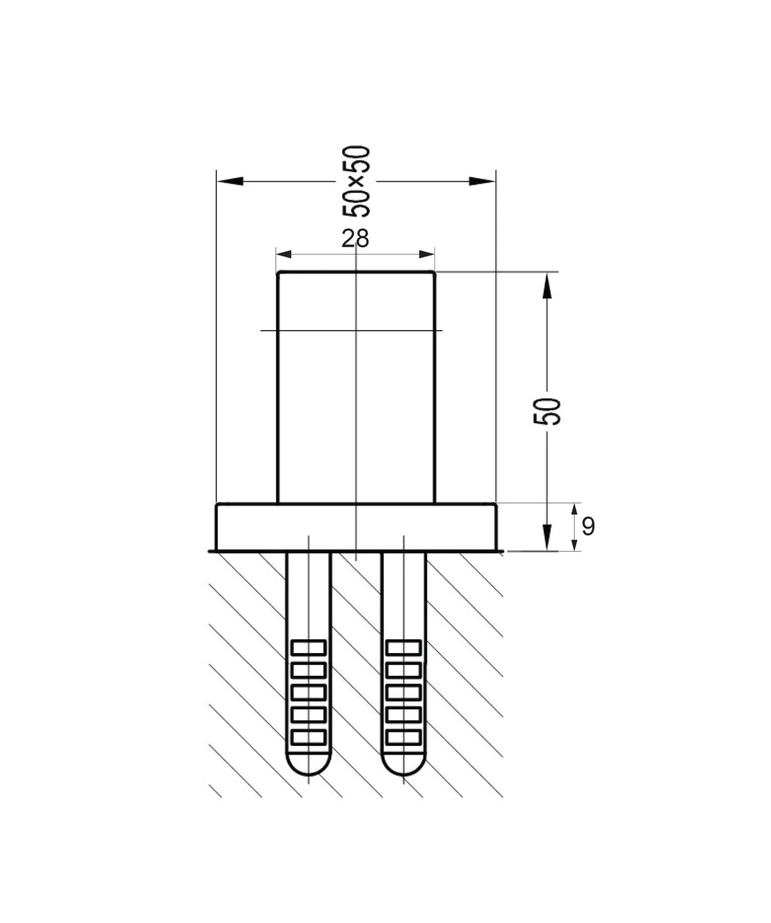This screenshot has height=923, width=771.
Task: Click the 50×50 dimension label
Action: click(356, 181)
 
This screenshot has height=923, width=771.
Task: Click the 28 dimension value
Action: click(355, 239)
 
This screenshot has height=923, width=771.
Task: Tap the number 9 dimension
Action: click(588, 526)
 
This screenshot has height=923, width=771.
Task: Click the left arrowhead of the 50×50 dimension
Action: click(230, 181)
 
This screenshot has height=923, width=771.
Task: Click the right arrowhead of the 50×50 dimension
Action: click(482, 181)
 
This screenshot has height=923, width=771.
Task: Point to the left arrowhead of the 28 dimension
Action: click(284, 254)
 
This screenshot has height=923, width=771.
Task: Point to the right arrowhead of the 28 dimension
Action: click(427, 254)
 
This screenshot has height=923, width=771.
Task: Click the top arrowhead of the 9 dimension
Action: click(574, 510)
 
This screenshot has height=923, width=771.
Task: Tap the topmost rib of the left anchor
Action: click(308, 647)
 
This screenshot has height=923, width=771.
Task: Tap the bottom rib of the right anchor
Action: click(403, 737)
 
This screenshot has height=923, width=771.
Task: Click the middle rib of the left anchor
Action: click(308, 692)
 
